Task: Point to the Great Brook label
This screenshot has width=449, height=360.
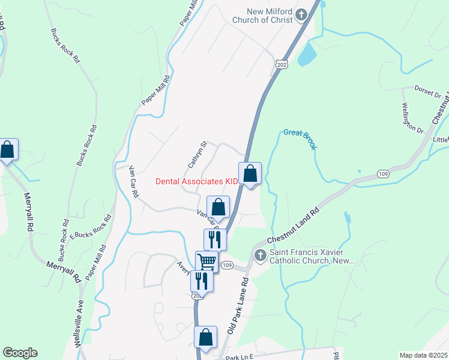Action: [x=300, y=139]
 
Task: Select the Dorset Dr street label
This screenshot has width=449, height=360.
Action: [x=428, y=91]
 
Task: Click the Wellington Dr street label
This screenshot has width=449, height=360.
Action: [x=412, y=119]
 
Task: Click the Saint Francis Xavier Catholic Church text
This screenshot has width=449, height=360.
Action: [x=312, y=257]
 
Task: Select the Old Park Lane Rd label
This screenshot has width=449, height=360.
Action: [x=238, y=307]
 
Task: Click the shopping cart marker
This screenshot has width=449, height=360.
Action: [x=206, y=262]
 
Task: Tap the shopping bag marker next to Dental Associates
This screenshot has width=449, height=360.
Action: [x=250, y=174]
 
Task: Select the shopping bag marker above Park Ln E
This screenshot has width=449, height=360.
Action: [x=206, y=338]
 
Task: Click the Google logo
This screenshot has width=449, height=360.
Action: [x=20, y=353]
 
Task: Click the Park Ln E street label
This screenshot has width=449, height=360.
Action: [x=239, y=357]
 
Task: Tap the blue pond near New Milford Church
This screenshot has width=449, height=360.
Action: [x=307, y=53]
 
